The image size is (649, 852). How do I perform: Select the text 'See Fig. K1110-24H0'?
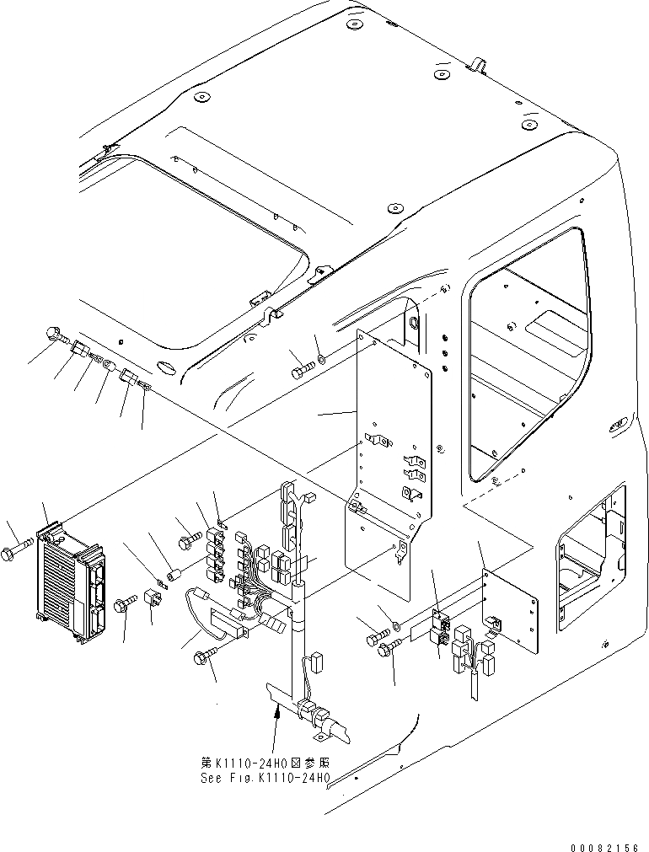click(265, 778)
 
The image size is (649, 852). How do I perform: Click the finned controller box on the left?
click(72, 578)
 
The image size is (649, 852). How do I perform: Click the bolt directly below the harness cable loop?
click(206, 659)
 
